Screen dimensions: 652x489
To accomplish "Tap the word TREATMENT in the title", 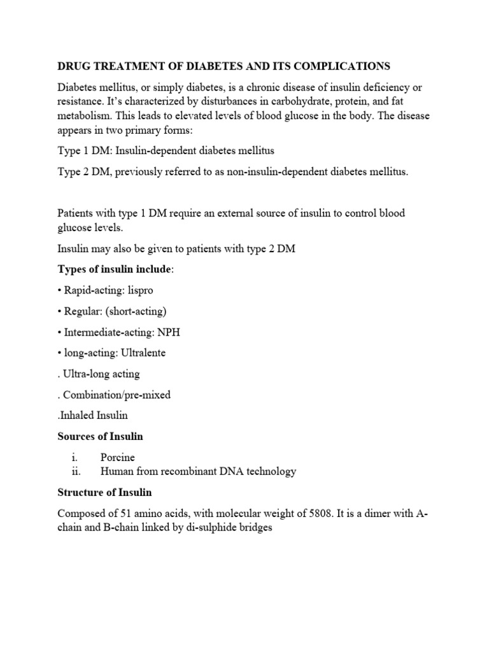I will coord(123,66).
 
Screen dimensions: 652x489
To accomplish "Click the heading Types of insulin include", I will coord(114,269).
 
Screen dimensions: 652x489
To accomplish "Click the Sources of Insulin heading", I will coord(100,436).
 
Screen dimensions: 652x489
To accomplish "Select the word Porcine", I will coord(118,457).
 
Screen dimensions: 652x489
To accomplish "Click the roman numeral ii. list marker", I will coord(81,471).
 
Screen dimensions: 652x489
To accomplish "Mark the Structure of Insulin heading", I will coord(104,493).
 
